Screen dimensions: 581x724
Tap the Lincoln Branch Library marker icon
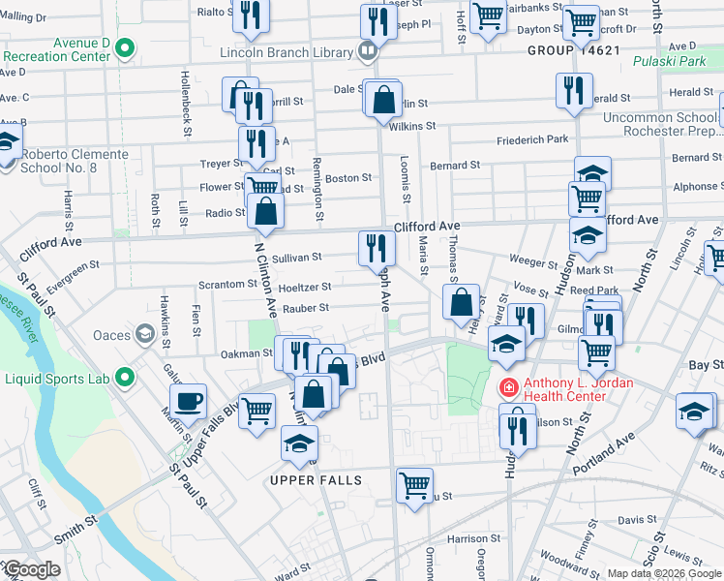tap(368, 49)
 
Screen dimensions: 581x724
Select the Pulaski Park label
tap(668, 61)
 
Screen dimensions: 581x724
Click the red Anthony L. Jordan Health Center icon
tap(506, 388)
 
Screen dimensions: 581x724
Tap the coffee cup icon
tap(188, 400)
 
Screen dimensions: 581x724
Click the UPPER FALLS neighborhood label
tap(316, 480)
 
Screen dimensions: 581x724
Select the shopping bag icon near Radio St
tap(265, 210)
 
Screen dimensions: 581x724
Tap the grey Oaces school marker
tap(144, 335)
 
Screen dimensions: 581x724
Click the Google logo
tap(31, 569)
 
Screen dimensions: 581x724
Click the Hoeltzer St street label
tap(305, 287)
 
